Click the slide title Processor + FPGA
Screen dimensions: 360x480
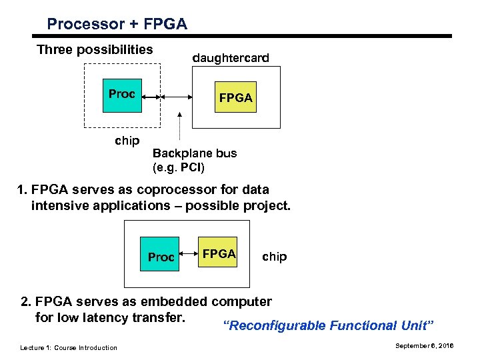pyautogui.click(x=117, y=25)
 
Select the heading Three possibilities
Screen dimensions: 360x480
pyautogui.click(x=95, y=50)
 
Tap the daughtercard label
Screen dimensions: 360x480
pyautogui.click(x=231, y=58)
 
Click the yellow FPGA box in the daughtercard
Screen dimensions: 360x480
pyautogui.click(x=235, y=97)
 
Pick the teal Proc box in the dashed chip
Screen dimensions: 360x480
pyautogui.click(x=121, y=94)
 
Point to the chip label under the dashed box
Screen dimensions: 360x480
pyautogui.click(x=127, y=140)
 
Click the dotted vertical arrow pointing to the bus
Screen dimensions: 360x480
pyautogui.click(x=179, y=127)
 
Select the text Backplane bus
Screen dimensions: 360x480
pyautogui.click(x=194, y=153)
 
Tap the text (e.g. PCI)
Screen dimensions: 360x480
pyautogui.click(x=179, y=166)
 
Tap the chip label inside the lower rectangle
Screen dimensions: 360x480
pyautogui.click(x=274, y=257)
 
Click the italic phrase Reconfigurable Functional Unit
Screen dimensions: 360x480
pyautogui.click(x=328, y=325)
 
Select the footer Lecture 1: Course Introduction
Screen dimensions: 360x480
pyautogui.click(x=69, y=347)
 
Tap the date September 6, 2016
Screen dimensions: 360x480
pyautogui.click(x=423, y=346)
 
